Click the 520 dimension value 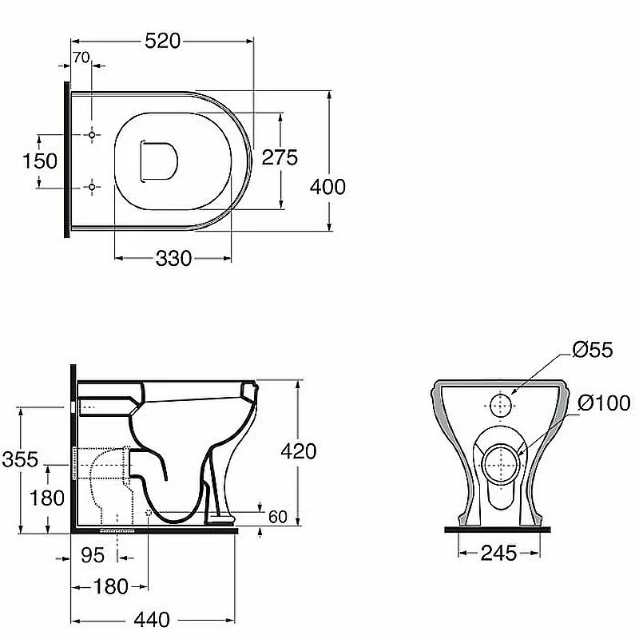163,42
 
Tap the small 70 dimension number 81,58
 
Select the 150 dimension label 39,161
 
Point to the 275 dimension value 280,157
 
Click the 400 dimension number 327,187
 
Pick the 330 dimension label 173,258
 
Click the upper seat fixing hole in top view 92,134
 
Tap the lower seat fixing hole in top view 92,187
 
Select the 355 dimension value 19,459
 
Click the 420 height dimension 298,451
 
